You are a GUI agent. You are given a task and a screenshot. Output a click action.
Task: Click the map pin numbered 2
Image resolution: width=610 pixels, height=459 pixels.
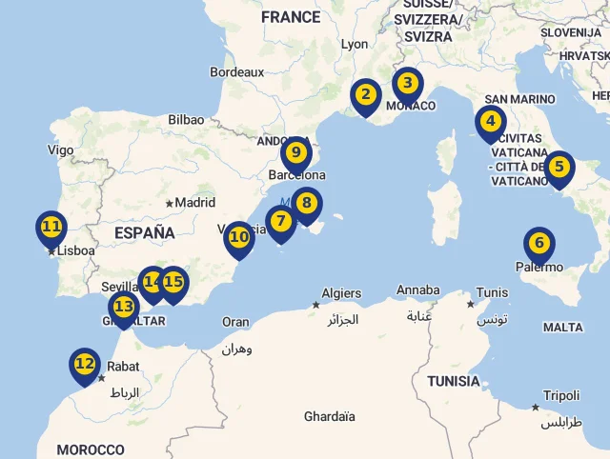click(x=364, y=94)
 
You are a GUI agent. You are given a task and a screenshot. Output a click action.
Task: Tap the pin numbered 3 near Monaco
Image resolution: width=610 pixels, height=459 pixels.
click(x=407, y=84)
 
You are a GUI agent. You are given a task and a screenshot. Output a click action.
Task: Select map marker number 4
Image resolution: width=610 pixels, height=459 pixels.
click(x=490, y=122)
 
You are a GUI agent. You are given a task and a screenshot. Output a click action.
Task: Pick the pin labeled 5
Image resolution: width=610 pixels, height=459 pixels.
click(x=559, y=168)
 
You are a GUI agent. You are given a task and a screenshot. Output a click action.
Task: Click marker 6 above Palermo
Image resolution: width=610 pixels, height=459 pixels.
click(x=539, y=244)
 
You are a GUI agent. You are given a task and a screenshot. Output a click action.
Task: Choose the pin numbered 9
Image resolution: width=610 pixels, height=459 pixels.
click(x=296, y=152)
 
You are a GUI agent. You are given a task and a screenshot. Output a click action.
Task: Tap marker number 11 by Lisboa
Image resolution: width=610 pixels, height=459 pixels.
click(x=51, y=228)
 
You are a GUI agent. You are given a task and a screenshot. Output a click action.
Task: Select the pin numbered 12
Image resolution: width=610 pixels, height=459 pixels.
click(x=85, y=364)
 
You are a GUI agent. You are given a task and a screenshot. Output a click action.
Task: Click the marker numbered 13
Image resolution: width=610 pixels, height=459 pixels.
click(x=124, y=307)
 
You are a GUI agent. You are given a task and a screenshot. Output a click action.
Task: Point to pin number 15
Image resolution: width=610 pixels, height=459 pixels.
click(x=173, y=282)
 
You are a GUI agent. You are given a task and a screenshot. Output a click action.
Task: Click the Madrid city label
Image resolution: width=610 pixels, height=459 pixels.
click(x=195, y=202)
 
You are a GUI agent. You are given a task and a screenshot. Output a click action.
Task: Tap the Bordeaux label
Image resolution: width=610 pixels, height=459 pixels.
click(x=236, y=71)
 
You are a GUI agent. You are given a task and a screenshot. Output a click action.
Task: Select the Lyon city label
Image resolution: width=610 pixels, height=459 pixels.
click(x=354, y=44)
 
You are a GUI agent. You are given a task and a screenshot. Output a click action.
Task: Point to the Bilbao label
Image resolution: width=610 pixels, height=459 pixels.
click(x=186, y=120)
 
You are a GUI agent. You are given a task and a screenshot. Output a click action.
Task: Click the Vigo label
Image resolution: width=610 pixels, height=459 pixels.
click(x=60, y=150)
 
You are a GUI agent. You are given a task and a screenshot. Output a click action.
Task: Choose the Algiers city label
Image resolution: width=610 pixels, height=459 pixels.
click(x=341, y=293)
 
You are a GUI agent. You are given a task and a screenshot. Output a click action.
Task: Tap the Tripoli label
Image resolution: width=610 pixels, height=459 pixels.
click(x=561, y=395)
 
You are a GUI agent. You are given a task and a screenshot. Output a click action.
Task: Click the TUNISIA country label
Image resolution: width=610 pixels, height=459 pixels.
click(x=453, y=381)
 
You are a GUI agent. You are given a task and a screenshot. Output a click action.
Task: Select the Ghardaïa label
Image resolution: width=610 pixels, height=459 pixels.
click(x=329, y=416)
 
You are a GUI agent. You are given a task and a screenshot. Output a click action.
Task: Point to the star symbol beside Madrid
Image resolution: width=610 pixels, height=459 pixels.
click(x=170, y=203)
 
